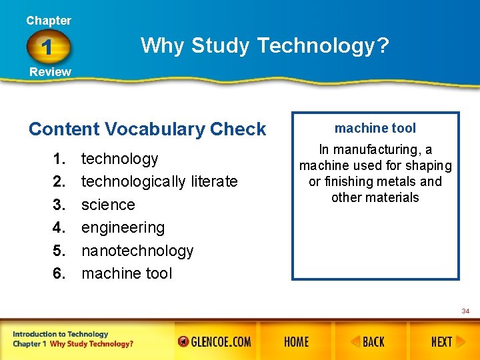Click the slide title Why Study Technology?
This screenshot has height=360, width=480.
(265, 46)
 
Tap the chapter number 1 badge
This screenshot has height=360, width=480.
(49, 47)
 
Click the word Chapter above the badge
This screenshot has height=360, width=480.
(49, 21)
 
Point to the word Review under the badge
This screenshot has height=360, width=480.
(50, 72)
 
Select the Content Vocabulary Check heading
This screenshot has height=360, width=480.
(147, 129)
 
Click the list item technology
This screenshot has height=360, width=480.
(120, 159)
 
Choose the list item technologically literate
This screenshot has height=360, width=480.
(159, 181)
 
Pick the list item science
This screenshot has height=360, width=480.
(108, 205)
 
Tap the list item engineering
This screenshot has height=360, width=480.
(123, 227)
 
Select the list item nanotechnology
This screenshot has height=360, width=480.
(137, 251)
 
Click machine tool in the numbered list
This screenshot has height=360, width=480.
(127, 273)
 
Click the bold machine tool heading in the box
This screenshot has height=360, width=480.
(375, 128)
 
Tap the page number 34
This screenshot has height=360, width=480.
(465, 311)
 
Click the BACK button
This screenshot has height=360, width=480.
(367, 342)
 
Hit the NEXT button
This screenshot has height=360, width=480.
(442, 342)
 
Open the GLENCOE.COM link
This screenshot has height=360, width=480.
(215, 342)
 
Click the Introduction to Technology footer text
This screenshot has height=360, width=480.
(60, 334)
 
